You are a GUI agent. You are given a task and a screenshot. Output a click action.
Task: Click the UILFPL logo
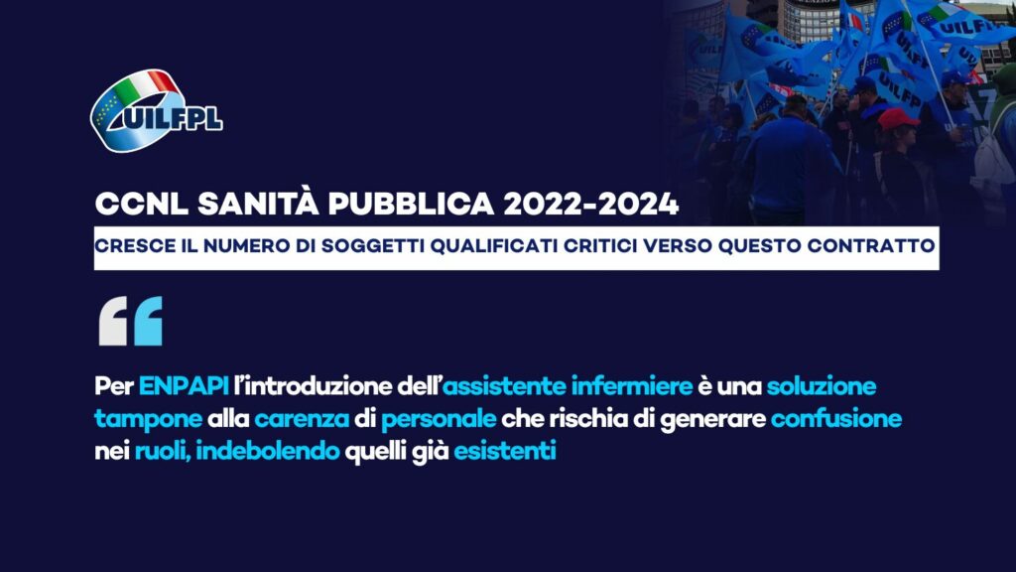point(156,111)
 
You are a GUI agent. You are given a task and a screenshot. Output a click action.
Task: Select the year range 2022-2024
point(591,205)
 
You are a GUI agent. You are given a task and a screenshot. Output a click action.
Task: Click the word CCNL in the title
point(141,205)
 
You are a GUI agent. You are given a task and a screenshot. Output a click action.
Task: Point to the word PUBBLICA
point(411,205)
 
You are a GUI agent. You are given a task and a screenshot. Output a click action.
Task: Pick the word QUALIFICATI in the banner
point(493,246)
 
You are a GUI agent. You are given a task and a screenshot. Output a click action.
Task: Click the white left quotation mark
point(113,321)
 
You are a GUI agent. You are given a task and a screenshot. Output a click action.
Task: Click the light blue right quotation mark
point(148,321)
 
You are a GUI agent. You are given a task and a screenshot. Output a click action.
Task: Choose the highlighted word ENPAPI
point(184,386)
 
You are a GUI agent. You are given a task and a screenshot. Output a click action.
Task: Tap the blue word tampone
point(149,420)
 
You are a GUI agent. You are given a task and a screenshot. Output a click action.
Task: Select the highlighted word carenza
point(302,419)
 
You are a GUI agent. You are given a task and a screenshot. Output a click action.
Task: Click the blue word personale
point(439,420)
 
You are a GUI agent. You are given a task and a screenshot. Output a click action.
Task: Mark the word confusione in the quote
point(835,419)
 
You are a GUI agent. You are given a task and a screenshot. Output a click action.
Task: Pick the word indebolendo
point(268,451)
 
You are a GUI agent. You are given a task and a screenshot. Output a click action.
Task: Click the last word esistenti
point(505,451)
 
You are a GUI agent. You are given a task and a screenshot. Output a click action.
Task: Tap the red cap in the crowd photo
point(897,119)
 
